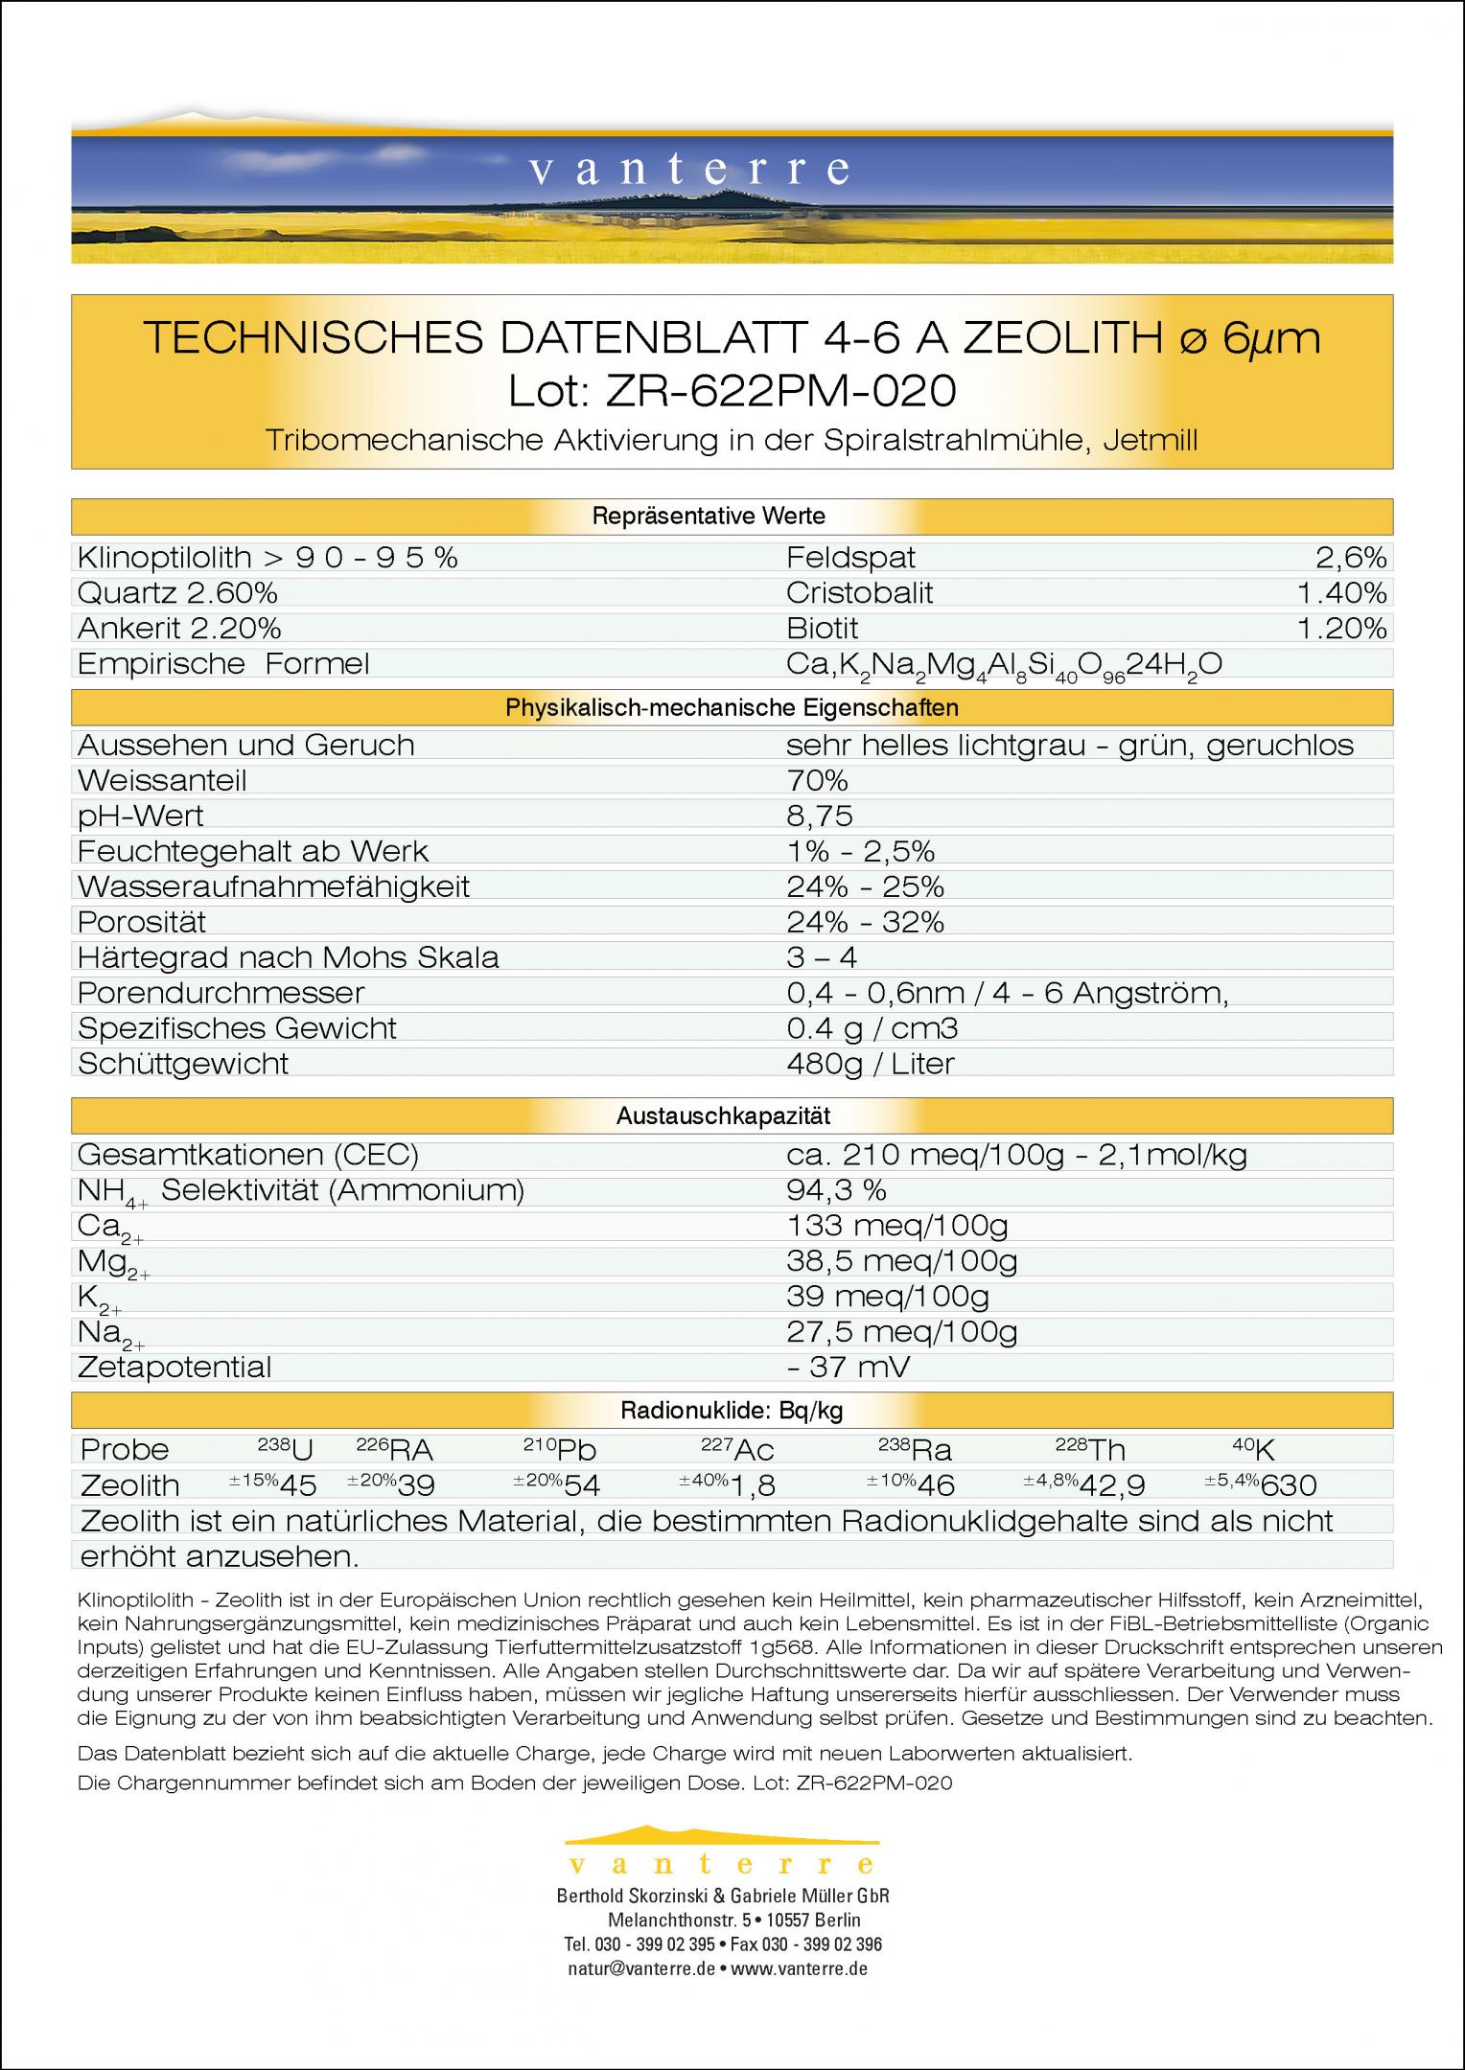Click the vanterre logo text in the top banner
point(688,170)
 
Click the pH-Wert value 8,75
point(820,816)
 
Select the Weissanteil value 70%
point(817,780)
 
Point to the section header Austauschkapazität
point(723,1115)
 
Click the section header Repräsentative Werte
point(708,517)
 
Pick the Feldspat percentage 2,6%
point(1351,557)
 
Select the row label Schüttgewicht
point(183,1063)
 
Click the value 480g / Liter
point(871,1063)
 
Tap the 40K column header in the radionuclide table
point(1253,1449)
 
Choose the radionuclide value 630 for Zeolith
point(1289,1485)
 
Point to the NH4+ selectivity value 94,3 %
point(836,1190)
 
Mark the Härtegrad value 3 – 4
point(822,957)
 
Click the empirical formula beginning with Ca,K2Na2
point(1004,664)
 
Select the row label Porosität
point(142,922)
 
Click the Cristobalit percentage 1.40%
point(1341,593)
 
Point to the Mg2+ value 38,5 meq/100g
point(901,1261)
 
